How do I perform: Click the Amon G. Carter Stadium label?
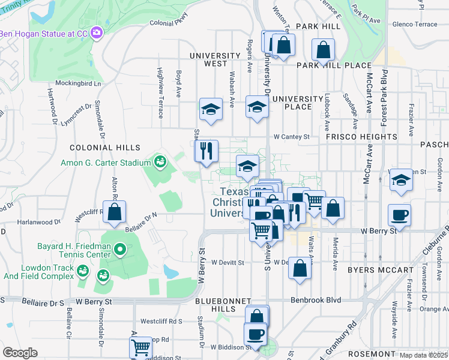(105, 162)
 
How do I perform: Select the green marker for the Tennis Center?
(120, 248)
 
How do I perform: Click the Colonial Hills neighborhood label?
(105, 147)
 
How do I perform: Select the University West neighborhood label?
(208, 59)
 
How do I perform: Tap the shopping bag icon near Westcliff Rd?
(114, 212)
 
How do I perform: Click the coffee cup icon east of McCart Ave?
(399, 214)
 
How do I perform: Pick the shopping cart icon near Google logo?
(140, 347)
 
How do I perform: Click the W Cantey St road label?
(291, 137)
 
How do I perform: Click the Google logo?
(20, 353)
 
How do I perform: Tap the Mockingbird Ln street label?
(79, 83)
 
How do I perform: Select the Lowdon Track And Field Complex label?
(37, 272)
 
